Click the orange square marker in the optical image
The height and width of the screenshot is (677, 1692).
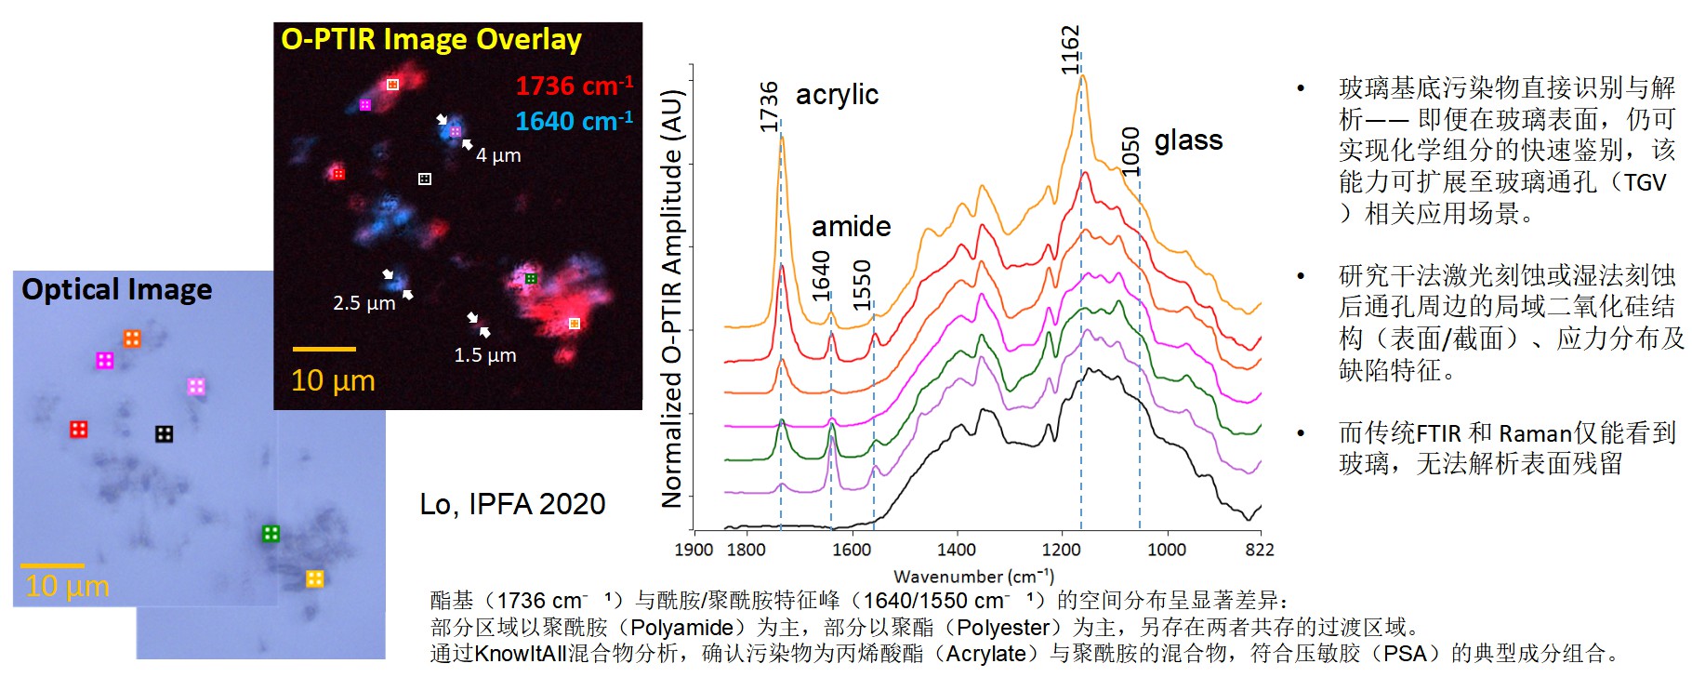(132, 338)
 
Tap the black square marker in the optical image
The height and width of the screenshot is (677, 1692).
(164, 433)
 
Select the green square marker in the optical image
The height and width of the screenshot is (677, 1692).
(271, 534)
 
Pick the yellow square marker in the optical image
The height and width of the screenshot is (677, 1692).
(315, 578)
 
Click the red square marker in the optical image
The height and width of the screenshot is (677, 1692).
(79, 429)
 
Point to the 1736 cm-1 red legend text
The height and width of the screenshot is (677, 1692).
(575, 86)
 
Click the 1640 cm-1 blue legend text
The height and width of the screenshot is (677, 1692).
(575, 121)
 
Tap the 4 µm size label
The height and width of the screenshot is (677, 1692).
(498, 155)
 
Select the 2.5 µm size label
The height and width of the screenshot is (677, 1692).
(364, 303)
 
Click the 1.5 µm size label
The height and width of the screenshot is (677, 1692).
(485, 355)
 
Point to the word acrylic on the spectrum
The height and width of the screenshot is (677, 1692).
(837, 95)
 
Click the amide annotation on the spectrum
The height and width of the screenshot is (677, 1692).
(851, 226)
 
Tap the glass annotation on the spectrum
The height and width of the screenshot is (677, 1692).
(1188, 140)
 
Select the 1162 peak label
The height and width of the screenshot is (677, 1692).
(1070, 50)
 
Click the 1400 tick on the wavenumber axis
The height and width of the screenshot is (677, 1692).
(956, 550)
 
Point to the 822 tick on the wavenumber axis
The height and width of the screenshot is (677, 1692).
(1260, 550)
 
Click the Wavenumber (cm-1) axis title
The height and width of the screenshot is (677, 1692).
(974, 577)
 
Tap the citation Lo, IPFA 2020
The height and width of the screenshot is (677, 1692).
(512, 504)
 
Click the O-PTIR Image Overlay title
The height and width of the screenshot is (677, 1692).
(431, 40)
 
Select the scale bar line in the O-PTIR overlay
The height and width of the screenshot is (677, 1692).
(324, 350)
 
